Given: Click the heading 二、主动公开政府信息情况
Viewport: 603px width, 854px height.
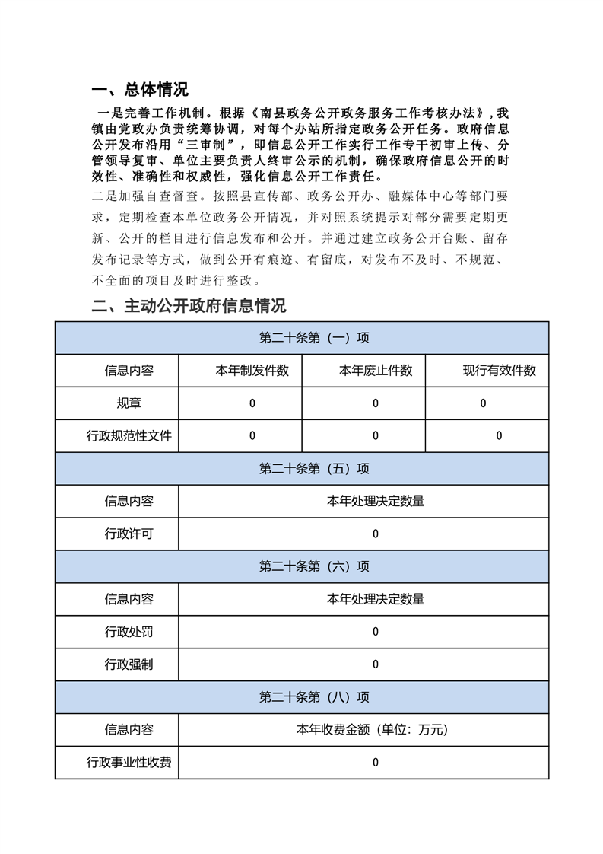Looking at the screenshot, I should pyautogui.click(x=188, y=306).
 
